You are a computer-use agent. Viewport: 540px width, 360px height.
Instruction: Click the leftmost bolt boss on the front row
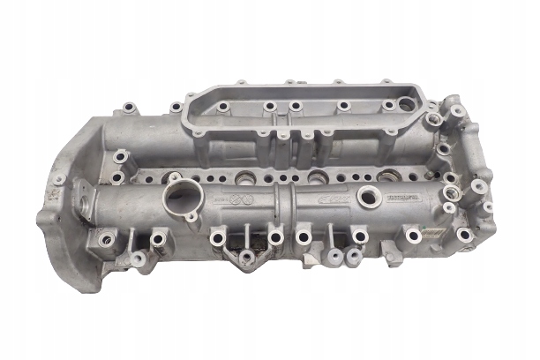108,236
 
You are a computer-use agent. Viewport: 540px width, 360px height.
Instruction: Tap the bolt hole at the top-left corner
128,108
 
